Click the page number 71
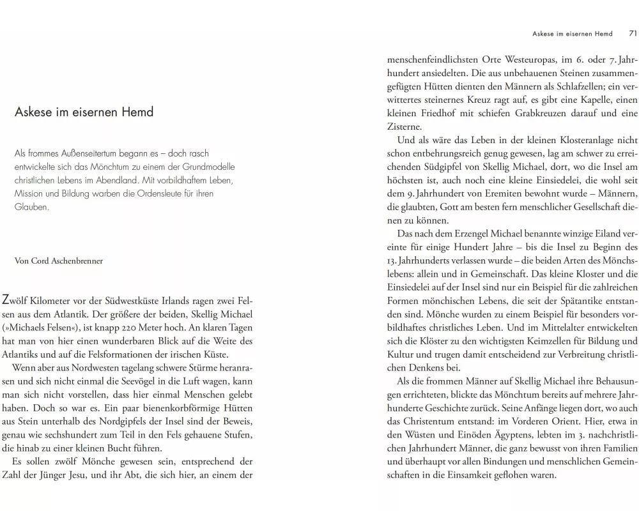(633, 34)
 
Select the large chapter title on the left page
(84, 112)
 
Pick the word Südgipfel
(444, 167)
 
